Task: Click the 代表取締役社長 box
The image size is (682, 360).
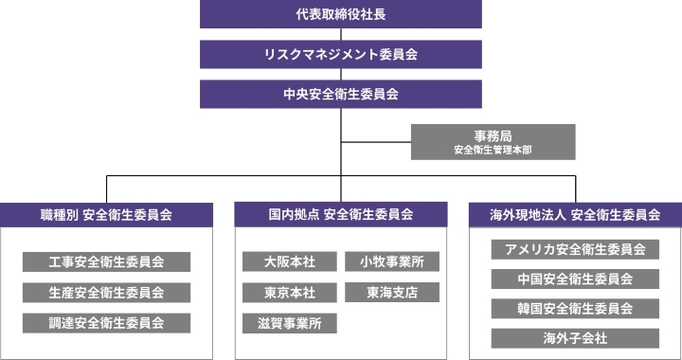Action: tap(340, 14)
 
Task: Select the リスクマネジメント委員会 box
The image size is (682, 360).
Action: tap(340, 54)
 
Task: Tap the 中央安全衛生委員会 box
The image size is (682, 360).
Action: tap(340, 94)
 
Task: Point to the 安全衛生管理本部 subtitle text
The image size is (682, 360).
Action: tap(492, 150)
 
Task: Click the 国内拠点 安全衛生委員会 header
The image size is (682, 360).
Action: tap(340, 214)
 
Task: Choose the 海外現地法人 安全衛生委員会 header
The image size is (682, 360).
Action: tap(575, 214)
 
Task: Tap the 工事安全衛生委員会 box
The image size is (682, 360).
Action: tap(106, 261)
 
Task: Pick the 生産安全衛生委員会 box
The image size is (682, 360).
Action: tap(106, 292)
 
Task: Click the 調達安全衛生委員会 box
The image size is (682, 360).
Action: tap(106, 322)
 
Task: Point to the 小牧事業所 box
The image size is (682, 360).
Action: tap(391, 261)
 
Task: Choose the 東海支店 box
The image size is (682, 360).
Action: tap(391, 292)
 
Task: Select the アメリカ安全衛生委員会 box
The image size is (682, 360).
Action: tap(575, 250)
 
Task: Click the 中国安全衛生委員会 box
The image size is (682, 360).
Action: tap(575, 279)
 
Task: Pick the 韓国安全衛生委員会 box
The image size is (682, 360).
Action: tap(575, 309)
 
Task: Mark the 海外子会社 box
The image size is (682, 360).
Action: tap(575, 338)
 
